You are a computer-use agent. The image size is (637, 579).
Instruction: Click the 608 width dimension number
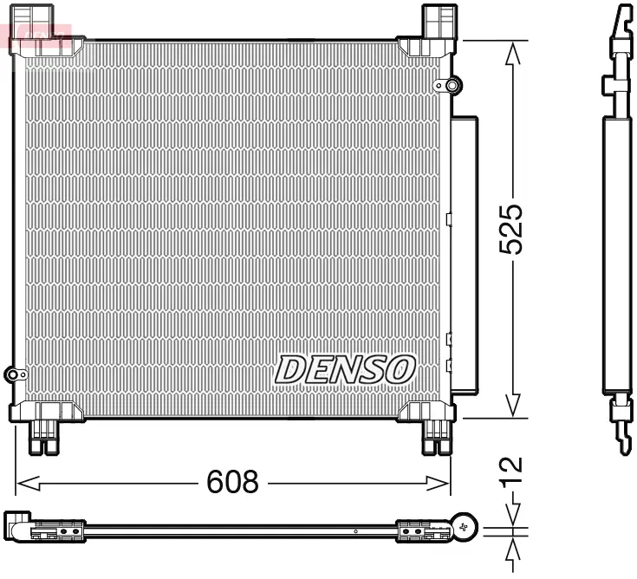[232, 482]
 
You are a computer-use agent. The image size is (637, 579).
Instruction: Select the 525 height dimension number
[514, 230]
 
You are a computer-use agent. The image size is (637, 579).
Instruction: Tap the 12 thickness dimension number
[514, 468]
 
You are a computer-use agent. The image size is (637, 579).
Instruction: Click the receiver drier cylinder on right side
[464, 251]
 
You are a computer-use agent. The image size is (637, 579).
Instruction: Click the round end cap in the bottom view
[465, 526]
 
